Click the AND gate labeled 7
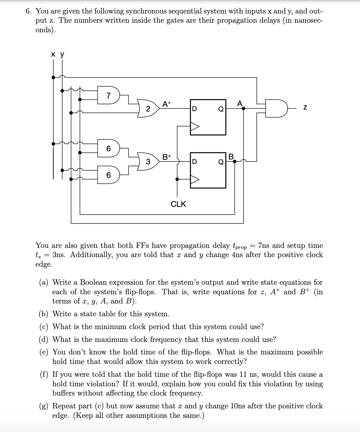tap(109, 95)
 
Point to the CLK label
tap(178, 204)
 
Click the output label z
tap(305, 108)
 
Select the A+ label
tap(167, 104)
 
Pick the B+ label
tap(167, 156)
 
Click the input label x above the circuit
tap(53, 55)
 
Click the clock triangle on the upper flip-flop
tap(195, 127)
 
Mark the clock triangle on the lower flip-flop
tap(195, 179)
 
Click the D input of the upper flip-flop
tap(194, 109)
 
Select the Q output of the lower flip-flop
tap(221, 162)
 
